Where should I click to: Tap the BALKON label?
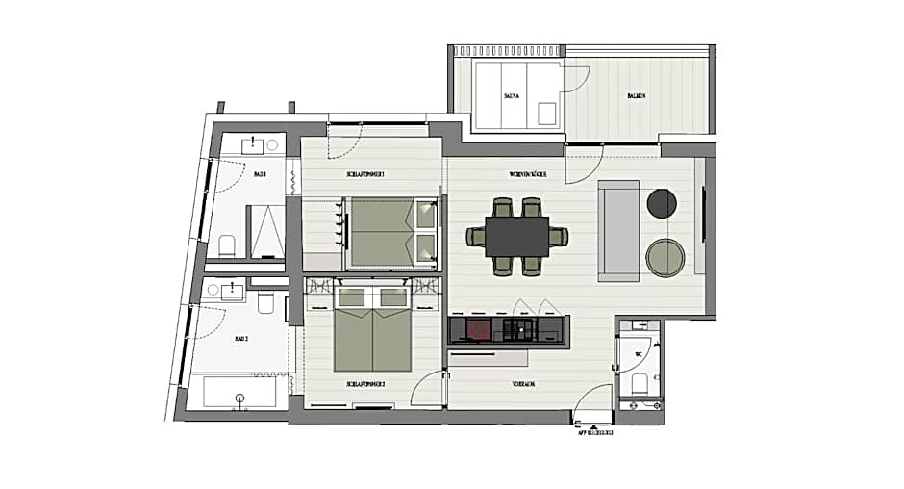[636, 96]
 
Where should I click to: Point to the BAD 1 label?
[260, 175]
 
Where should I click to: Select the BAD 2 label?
[241, 339]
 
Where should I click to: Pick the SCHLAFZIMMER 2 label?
[365, 383]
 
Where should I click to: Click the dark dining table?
[516, 236]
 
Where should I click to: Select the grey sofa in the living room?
[617, 230]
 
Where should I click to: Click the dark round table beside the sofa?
[662, 202]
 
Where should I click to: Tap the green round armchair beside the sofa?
[665, 257]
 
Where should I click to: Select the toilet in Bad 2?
[266, 305]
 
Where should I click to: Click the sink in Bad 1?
[254, 145]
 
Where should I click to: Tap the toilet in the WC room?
[637, 385]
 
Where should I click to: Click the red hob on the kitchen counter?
[477, 331]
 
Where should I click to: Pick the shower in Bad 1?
[266, 233]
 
